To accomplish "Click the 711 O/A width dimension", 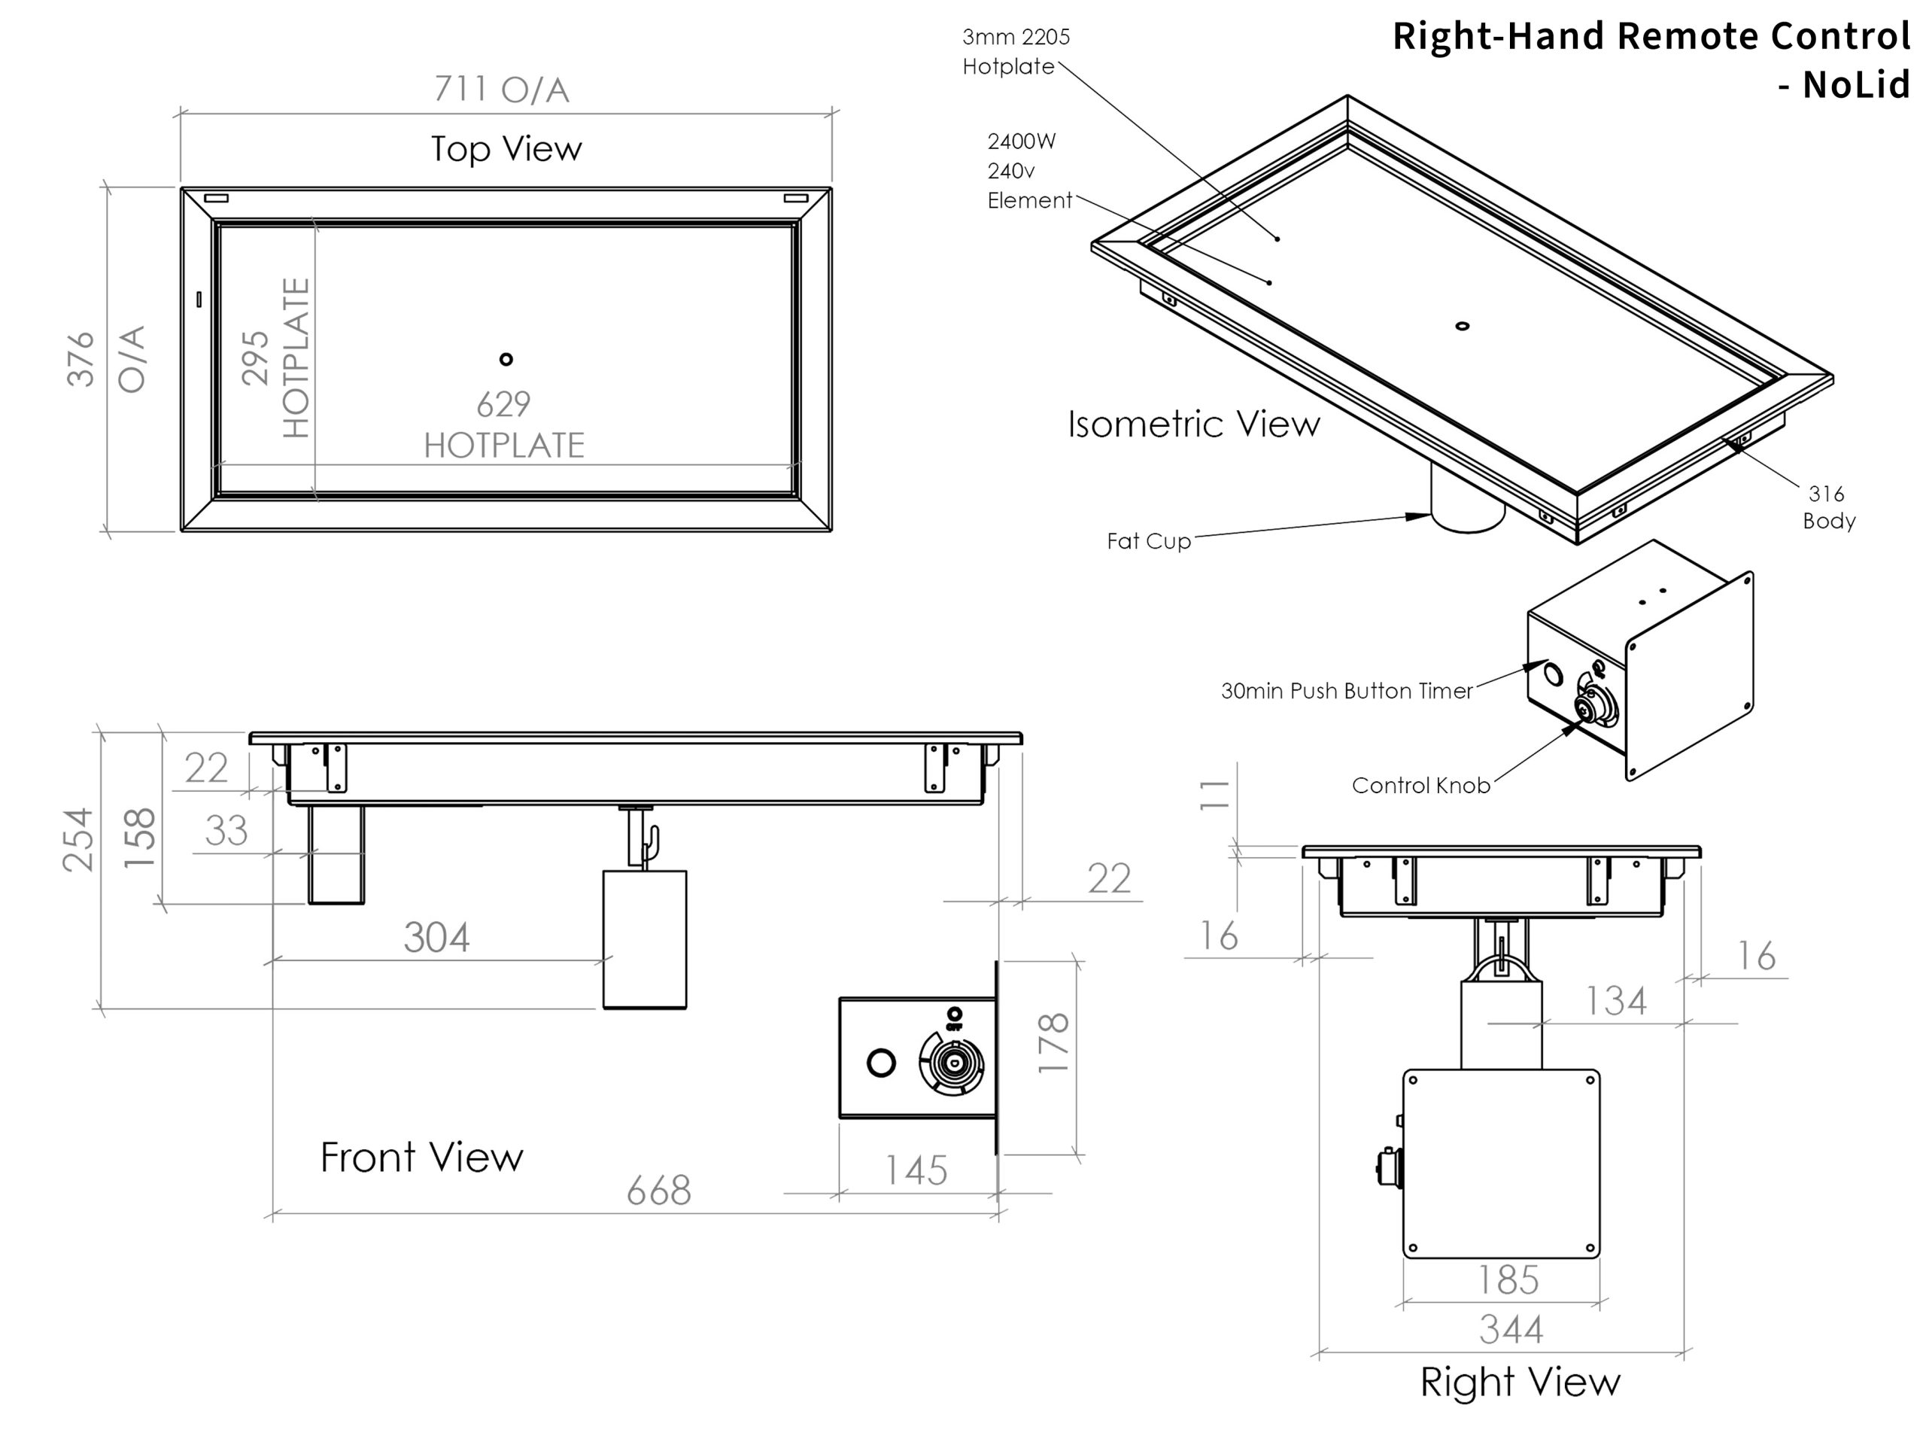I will point(502,89).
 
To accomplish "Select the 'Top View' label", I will point(506,148).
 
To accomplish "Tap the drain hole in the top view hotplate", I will point(506,359).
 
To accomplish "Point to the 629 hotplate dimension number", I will point(503,404).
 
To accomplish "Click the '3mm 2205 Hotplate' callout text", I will point(1015,51).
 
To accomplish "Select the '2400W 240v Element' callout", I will point(1028,171).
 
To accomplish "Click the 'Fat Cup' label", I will point(1149,541).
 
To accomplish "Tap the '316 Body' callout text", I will point(1827,507).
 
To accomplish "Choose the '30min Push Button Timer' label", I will point(1346,691).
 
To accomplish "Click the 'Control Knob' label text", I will point(1420,786).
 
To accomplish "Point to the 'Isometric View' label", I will point(1194,424).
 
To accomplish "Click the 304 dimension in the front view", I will point(436,937).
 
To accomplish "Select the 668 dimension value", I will point(658,1190).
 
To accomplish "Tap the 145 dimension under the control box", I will point(916,1170).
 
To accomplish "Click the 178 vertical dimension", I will point(1053,1042).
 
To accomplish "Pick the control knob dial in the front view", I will point(952,1063).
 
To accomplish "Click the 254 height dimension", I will point(78,840).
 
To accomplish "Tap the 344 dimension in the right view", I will point(1511,1330).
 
